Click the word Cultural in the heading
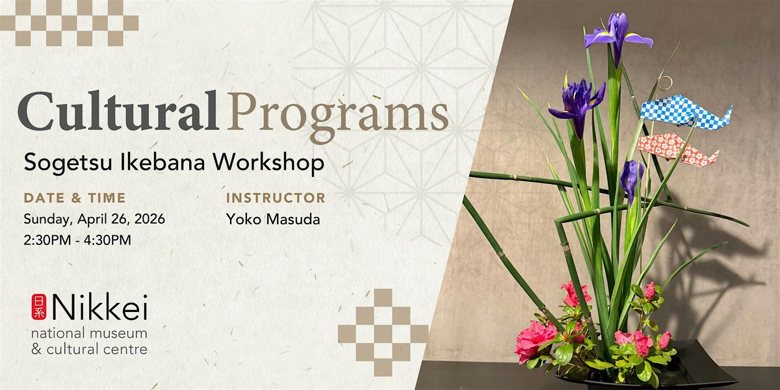118,110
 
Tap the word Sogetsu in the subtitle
68,163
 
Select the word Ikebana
162,162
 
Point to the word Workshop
268,162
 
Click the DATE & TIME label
75,198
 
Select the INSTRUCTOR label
276,198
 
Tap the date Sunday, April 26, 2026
94,220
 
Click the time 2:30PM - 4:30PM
77,240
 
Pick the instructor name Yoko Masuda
273,220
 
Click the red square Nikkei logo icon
38,307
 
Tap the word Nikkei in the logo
99,307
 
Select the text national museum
89,333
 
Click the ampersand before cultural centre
36,349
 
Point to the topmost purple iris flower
618,35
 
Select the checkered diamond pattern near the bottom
383,333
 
